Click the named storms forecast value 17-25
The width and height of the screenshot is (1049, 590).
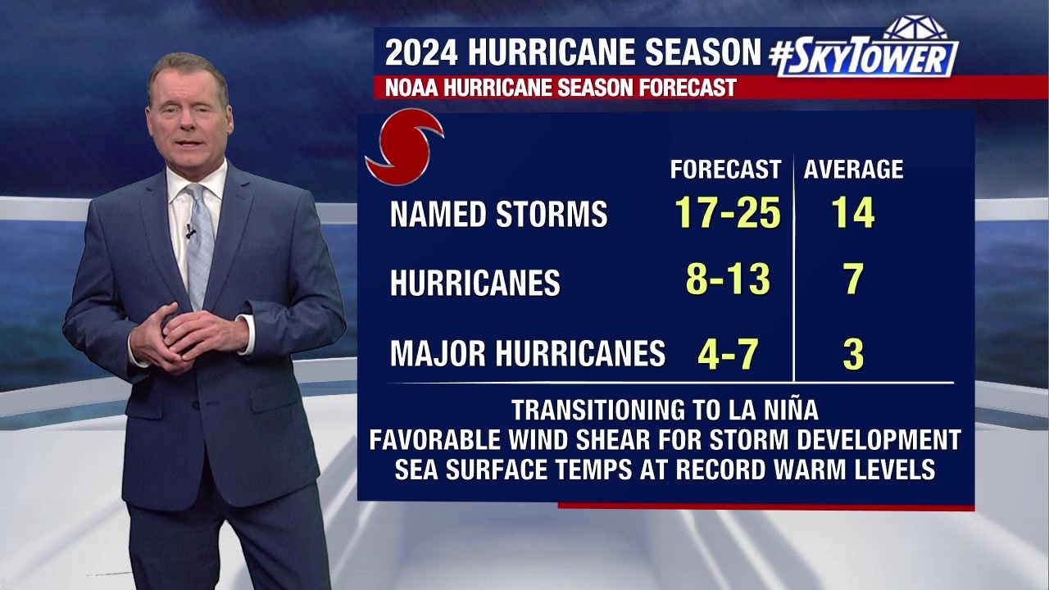point(728,213)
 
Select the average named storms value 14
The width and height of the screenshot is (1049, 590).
point(853,213)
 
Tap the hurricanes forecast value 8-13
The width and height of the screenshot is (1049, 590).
point(728,281)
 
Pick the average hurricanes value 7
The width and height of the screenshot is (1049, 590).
point(853,281)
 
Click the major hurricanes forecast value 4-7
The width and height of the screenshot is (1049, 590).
point(728,354)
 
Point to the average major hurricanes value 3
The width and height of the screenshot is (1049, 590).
point(853,354)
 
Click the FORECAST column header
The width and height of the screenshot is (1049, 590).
point(725,170)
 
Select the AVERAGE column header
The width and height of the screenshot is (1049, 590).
point(853,170)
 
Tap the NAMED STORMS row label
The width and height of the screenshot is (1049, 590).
point(498,215)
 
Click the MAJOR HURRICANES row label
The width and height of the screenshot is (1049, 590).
point(527,354)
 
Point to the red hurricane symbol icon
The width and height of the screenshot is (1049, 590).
point(403,147)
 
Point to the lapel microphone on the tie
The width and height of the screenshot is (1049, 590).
point(191,232)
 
